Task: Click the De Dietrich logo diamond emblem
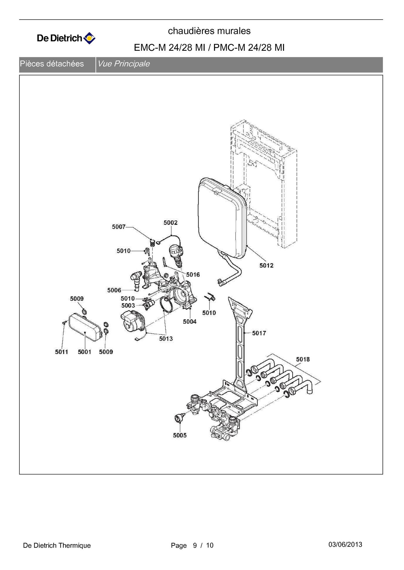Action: (x=89, y=38)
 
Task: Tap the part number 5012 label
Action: (x=266, y=265)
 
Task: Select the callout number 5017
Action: (x=259, y=333)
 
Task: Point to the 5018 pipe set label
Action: (x=303, y=359)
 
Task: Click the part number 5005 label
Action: (x=180, y=435)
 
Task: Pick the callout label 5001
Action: (x=85, y=352)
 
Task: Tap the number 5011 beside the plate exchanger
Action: (x=62, y=352)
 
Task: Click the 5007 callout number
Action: (x=119, y=227)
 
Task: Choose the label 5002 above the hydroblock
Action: (x=170, y=222)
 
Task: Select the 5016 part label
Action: (x=193, y=275)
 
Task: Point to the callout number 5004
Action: (x=190, y=321)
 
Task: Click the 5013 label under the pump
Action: (x=166, y=338)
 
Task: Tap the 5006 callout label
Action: (x=114, y=290)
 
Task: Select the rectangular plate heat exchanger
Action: (x=85, y=327)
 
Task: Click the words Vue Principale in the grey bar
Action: (x=123, y=64)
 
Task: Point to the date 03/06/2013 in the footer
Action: (x=345, y=544)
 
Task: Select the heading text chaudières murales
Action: (x=209, y=31)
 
